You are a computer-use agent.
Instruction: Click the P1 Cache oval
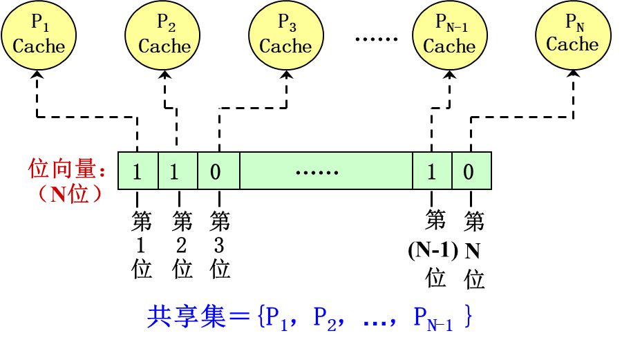pos(39,35)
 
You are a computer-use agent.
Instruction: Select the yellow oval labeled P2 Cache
pos(163,35)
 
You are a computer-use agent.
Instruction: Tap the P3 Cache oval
pos(286,35)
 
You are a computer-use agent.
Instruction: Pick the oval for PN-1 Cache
pos(450,35)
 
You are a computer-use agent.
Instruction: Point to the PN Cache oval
pos(573,34)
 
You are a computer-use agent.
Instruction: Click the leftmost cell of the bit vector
pos(138,171)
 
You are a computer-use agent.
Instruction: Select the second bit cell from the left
pos(178,171)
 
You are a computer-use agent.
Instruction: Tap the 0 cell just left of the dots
pos(218,171)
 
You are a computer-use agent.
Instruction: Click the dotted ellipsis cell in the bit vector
pos(326,171)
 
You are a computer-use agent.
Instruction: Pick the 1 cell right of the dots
pos(432,171)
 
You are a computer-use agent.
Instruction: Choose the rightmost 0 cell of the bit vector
pos(471,171)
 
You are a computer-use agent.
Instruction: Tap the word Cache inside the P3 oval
pos(286,46)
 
